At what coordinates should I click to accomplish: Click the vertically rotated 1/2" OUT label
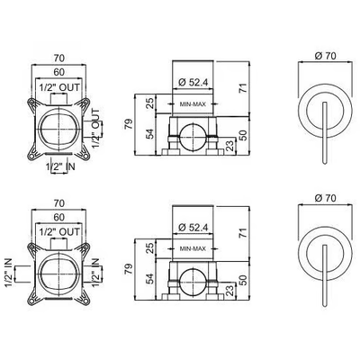pos(95,128)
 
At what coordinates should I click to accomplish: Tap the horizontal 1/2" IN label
pos(60,166)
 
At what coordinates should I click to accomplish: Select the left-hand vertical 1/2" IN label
pos(9,272)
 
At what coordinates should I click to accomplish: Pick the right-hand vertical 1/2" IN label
pos(95,272)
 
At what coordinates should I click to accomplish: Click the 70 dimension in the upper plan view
pos(59,58)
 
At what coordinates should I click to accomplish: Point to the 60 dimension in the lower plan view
pos(59,217)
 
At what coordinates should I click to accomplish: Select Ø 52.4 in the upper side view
pos(193,82)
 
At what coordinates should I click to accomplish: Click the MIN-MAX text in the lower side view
pos(193,249)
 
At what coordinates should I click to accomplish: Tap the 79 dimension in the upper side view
pos(129,124)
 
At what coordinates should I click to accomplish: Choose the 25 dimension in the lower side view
pos(151,248)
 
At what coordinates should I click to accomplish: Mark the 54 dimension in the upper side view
pos(151,133)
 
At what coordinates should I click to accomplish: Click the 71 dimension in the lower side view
pos(244,233)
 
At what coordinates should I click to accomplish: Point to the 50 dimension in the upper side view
pos(244,135)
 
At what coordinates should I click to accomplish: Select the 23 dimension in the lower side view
pos(229,291)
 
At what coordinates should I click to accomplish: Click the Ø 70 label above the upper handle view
pos(326,56)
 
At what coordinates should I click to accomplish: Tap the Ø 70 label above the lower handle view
pos(326,198)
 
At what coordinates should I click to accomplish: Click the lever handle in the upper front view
pos(325,133)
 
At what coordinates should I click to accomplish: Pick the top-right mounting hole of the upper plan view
pos(85,102)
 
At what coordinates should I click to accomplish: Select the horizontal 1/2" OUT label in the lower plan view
pos(60,231)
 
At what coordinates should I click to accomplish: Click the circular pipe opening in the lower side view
pos(193,282)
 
